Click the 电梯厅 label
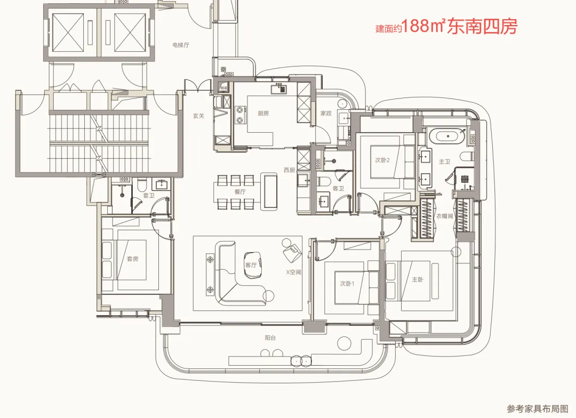[x=181, y=45]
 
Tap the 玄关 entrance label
[x=198, y=116]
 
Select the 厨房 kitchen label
[x=263, y=113]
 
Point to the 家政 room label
[x=326, y=113]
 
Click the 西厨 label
[x=289, y=170]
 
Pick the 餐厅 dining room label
[x=239, y=191]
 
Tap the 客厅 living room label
[x=251, y=264]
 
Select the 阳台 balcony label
[x=270, y=337]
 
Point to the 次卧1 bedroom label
[x=348, y=283]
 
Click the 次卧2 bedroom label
[x=382, y=160]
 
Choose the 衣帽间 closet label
[x=444, y=217]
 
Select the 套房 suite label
[x=132, y=259]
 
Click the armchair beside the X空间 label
[x=292, y=251]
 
